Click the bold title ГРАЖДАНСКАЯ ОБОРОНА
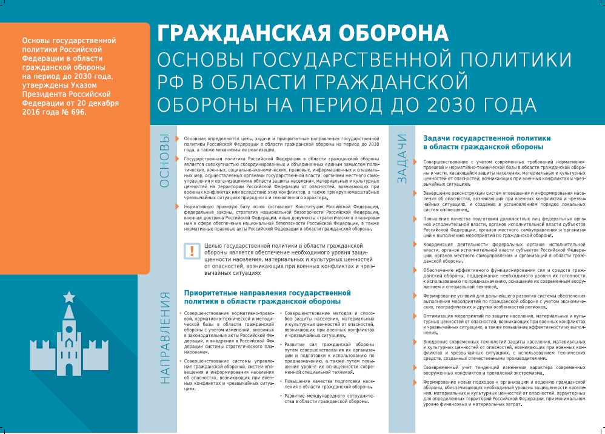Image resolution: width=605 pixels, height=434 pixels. tap(303, 33)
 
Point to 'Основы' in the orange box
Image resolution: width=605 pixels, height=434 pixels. tap(35, 40)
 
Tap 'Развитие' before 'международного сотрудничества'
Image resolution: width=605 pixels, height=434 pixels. tap(297, 396)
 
